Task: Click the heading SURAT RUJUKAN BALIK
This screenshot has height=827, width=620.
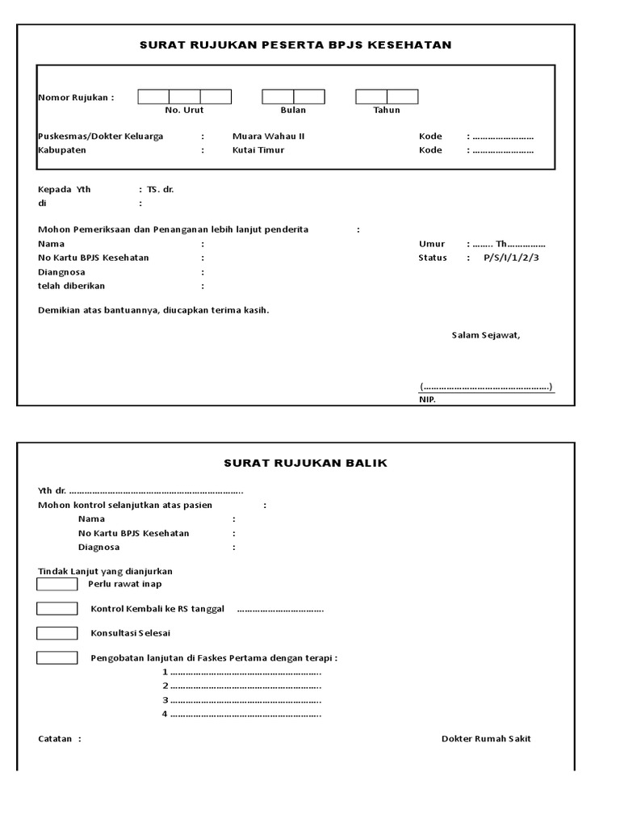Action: [305, 463]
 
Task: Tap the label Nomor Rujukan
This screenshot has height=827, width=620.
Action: [76, 98]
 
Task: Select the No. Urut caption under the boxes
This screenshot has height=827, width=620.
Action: [184, 110]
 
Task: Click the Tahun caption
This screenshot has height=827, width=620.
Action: [387, 110]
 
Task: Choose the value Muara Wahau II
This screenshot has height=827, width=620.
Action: [268, 136]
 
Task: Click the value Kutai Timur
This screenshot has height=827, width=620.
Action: [258, 150]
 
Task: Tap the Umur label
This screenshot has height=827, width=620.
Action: [432, 244]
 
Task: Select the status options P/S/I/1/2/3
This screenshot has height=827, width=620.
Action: [512, 258]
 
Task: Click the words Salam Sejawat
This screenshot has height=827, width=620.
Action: [486, 335]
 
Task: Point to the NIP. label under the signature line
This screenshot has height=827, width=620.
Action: [427, 400]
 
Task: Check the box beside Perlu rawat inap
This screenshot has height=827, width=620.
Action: [57, 584]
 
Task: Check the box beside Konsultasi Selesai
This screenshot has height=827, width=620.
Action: [57, 633]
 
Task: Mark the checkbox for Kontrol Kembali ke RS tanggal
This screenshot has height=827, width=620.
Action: [57, 608]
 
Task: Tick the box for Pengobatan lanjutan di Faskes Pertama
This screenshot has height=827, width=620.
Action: [57, 657]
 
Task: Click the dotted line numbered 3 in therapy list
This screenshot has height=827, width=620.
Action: [245, 700]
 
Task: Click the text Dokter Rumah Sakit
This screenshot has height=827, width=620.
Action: [486, 739]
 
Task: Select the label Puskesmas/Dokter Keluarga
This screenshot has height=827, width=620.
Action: [101, 136]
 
